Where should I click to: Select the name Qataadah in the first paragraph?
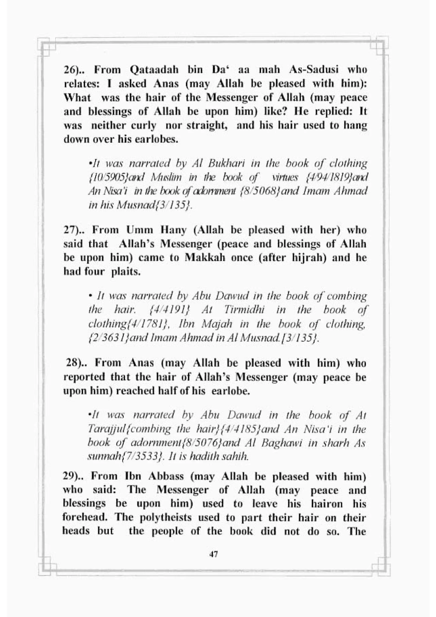tap(154, 70)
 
